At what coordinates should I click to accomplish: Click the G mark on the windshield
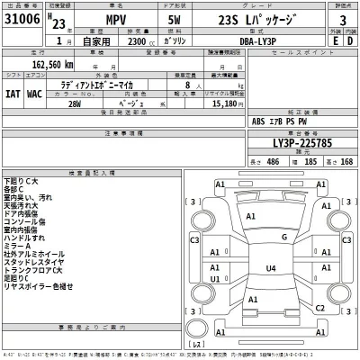(x=283, y=237)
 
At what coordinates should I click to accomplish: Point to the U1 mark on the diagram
(x=214, y=279)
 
